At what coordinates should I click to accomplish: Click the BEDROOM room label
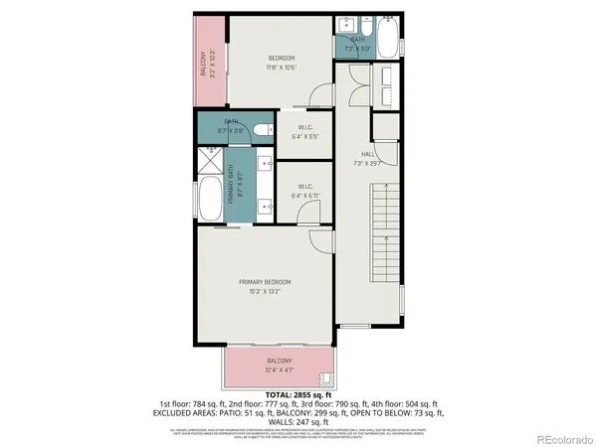[x=282, y=59]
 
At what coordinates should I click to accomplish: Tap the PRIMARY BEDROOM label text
[x=271, y=282]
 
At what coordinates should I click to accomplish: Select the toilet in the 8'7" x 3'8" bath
[x=262, y=130]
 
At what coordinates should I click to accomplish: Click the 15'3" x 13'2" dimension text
[x=271, y=292]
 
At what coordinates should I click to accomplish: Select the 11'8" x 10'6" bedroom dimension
[x=282, y=69]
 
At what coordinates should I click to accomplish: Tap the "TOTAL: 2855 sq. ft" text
[x=298, y=395]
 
